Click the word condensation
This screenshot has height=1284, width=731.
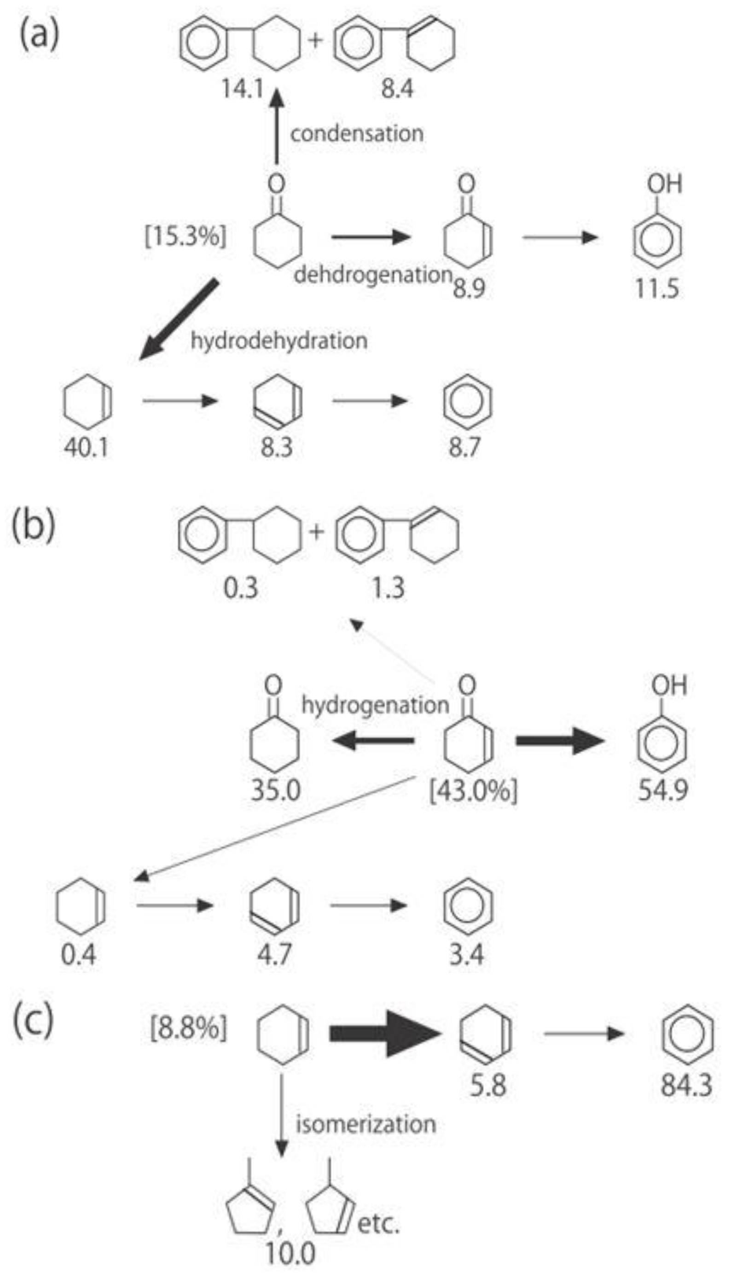tap(357, 134)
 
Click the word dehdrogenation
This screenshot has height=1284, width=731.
tap(373, 275)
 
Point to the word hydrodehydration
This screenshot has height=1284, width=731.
tap(279, 341)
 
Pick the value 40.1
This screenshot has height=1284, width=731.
tap(86, 447)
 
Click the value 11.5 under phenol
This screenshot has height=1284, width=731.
tap(657, 289)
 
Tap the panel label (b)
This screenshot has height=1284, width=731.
tap(33, 526)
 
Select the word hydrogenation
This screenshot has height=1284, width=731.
tap(375, 705)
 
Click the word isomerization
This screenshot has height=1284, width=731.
tap(365, 1123)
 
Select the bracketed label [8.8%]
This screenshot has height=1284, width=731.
tap(189, 1029)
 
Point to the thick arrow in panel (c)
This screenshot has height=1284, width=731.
tap(384, 1033)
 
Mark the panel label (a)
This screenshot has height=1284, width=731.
tap(39, 34)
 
